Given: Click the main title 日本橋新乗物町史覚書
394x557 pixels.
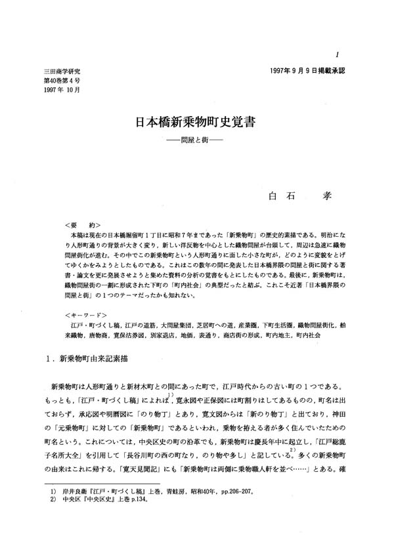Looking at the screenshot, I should [197, 123].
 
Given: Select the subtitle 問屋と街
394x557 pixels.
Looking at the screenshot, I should [197, 140].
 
